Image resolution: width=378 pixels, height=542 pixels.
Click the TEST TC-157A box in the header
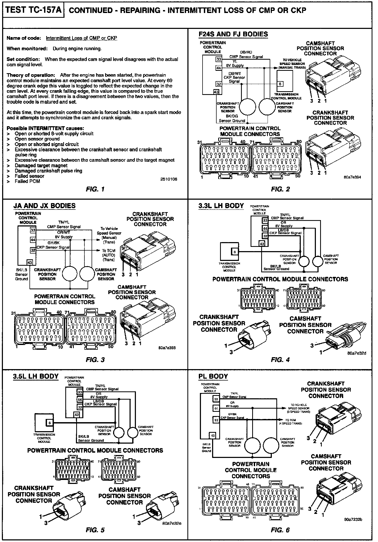click(x=33, y=10)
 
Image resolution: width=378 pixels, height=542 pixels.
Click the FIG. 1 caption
click(x=95, y=189)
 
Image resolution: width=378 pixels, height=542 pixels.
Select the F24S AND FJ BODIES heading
click(x=233, y=34)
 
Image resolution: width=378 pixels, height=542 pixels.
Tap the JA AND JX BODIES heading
click(x=44, y=206)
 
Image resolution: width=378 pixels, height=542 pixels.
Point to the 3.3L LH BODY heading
click(x=221, y=206)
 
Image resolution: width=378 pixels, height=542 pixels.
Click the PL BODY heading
click(x=213, y=376)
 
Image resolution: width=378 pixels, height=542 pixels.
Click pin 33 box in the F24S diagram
click(x=219, y=59)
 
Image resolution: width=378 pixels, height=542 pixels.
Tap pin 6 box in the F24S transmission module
click(x=281, y=84)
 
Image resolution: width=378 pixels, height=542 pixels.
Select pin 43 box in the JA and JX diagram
click(x=29, y=263)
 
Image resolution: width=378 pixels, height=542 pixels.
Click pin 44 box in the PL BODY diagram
click(x=216, y=409)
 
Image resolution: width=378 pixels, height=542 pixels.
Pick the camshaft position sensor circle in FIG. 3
click(x=88, y=273)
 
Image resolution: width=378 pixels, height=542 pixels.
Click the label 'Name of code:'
click(x=23, y=38)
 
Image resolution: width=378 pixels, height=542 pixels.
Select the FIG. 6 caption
click(x=280, y=530)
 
